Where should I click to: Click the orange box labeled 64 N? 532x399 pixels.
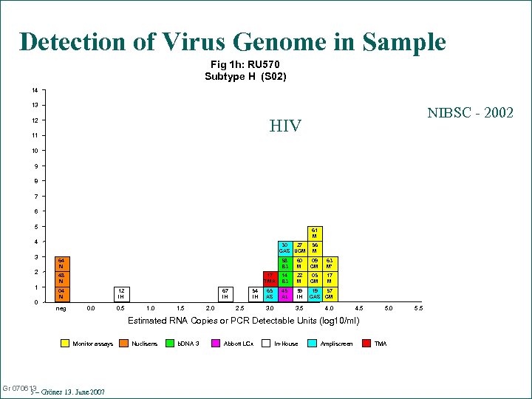(62, 264)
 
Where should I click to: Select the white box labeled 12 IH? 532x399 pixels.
(120, 294)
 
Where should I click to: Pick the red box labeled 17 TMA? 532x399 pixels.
(270, 279)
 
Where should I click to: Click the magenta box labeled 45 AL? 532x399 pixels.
(284, 294)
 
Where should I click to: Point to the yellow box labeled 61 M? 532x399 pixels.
(314, 233)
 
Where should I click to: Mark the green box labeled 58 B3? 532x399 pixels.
(284, 264)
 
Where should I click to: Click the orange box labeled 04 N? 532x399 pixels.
(62, 294)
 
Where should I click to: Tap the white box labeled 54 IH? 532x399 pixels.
(255, 294)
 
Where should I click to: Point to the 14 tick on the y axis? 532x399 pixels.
(35, 90)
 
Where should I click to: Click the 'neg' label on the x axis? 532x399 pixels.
(62, 308)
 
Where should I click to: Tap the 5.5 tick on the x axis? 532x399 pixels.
(418, 308)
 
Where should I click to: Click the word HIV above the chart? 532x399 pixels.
(285, 126)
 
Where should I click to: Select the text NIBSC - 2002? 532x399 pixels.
(470, 113)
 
